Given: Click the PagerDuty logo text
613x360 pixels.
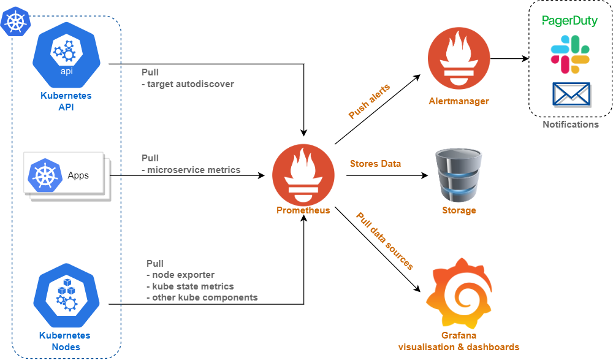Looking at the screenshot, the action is click(569, 21).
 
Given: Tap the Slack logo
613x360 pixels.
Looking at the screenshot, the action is click(570, 55).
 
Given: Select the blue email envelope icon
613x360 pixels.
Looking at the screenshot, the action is click(571, 94).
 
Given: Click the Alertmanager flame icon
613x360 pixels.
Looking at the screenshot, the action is click(459, 58).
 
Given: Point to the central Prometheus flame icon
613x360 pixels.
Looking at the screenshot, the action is click(303, 175).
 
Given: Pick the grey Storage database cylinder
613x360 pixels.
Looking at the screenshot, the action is click(459, 175).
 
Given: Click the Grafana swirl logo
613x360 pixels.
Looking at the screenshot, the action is click(459, 293).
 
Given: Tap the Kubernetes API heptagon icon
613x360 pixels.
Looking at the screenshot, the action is click(66, 55).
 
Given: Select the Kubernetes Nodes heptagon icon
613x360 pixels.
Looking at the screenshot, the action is click(66, 296).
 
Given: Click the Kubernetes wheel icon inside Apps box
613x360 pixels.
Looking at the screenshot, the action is click(45, 175).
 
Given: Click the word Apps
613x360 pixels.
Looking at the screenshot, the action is click(78, 175).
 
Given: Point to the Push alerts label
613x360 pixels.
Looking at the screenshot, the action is click(369, 101).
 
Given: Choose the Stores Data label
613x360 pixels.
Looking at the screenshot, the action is click(375, 164).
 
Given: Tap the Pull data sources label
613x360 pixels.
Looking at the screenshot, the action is click(385, 241).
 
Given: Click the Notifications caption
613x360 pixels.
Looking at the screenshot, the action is click(570, 124).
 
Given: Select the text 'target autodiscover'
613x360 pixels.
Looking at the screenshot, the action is click(191, 84).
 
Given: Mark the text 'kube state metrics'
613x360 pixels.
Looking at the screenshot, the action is click(192, 286).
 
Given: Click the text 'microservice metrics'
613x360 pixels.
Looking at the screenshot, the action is click(194, 170).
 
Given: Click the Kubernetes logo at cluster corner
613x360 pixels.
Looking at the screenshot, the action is click(16, 21).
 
